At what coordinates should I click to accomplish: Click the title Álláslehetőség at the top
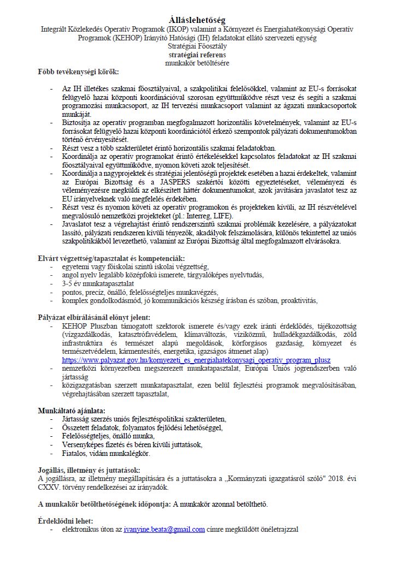(198, 20)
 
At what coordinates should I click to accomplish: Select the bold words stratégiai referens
(198, 55)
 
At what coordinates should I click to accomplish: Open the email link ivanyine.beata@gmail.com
(164, 529)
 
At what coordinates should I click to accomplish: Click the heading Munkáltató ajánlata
(72, 409)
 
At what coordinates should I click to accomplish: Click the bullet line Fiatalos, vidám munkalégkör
(106, 453)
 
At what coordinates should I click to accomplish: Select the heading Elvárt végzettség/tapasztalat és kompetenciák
(111, 258)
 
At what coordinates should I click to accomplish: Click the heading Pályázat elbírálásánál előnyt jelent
(93, 317)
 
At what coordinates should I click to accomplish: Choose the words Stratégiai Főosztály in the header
(198, 46)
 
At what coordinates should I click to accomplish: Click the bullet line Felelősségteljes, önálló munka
(108, 436)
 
